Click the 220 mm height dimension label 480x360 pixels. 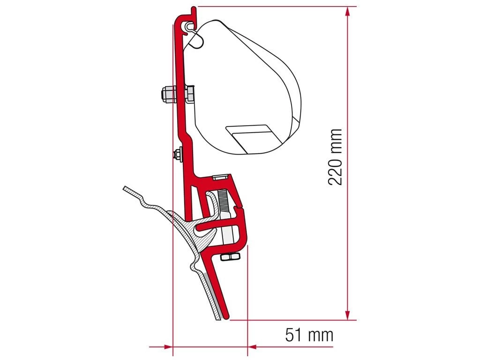[x=336, y=157]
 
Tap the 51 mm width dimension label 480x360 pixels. [x=309, y=335]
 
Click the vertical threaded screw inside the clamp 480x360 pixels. [x=224, y=201]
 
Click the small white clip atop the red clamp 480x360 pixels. [x=221, y=177]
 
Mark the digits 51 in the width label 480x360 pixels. [x=294, y=335]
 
